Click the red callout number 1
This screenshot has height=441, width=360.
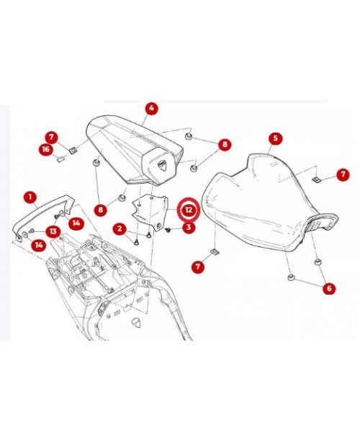pyautogui.click(x=30, y=196)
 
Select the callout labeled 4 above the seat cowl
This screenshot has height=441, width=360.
pyautogui.click(x=150, y=110)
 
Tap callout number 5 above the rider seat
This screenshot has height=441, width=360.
pyautogui.click(x=274, y=138)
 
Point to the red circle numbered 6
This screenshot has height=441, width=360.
pyautogui.click(x=329, y=288)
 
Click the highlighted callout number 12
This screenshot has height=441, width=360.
pyautogui.click(x=188, y=210)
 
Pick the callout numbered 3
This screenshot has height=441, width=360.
pyautogui.click(x=188, y=228)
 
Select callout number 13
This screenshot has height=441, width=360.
pyautogui.click(x=53, y=231)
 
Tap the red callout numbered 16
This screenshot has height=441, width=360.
pyautogui.click(x=45, y=149)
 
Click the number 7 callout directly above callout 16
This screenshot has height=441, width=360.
pyautogui.click(x=50, y=136)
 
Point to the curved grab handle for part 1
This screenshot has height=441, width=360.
pyautogui.click(x=40, y=213)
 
